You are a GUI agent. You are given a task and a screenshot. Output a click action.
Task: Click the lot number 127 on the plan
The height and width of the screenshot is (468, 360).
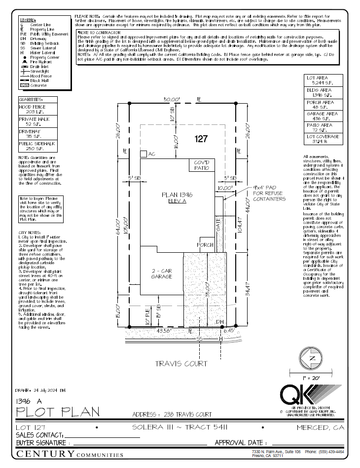201,139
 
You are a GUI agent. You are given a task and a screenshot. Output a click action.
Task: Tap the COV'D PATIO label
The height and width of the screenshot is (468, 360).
201,165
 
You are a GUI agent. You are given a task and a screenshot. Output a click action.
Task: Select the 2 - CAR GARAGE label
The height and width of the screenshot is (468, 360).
161,274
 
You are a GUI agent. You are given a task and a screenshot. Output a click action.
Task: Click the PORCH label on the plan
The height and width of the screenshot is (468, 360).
205,245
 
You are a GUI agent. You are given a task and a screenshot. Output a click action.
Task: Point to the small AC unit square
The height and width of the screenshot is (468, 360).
143,155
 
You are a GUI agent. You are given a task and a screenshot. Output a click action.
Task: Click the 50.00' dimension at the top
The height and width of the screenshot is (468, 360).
172,99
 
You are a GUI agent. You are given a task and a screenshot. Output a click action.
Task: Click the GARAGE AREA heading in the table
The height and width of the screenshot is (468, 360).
322,114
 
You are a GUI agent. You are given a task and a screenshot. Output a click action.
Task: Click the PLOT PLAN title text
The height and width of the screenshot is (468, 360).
57,411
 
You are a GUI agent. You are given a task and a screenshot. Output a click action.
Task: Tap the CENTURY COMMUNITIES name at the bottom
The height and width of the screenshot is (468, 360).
70,454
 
